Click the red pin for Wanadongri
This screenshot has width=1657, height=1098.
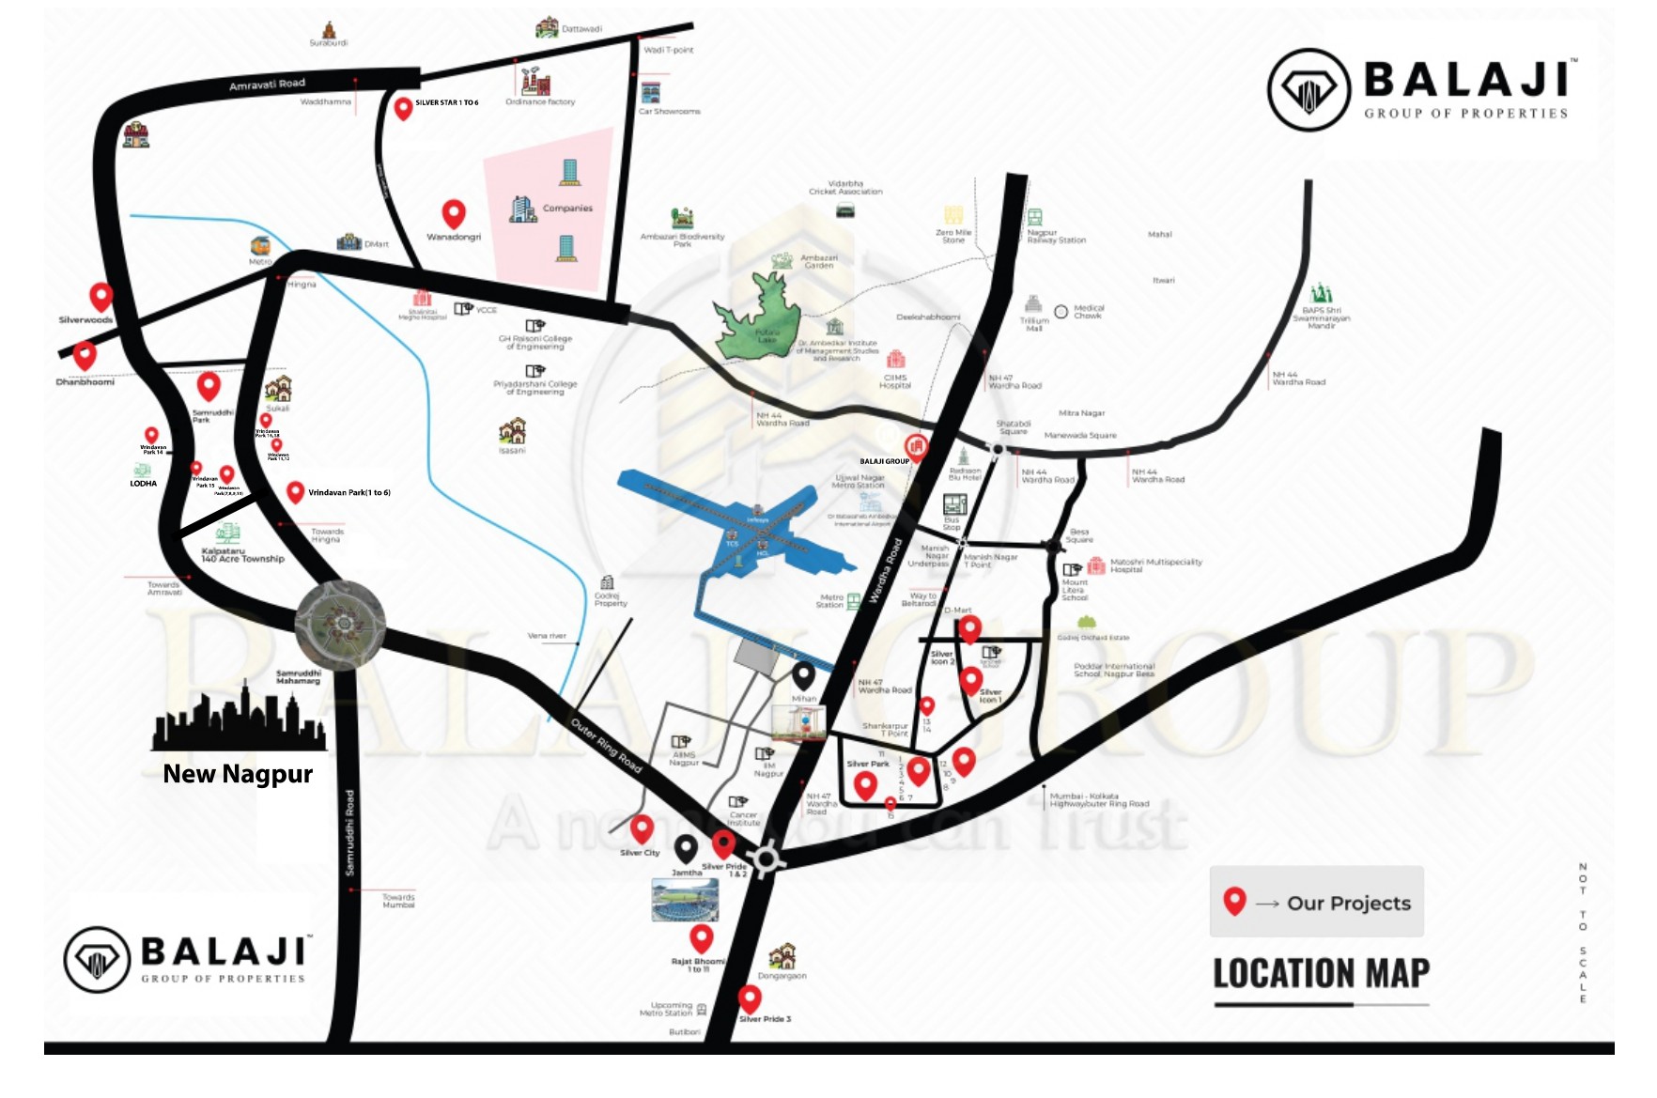click(454, 213)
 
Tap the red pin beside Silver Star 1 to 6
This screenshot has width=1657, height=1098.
click(403, 108)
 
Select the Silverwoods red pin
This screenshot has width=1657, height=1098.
click(101, 296)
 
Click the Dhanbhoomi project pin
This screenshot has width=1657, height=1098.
click(85, 355)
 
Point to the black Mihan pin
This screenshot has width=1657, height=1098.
click(803, 674)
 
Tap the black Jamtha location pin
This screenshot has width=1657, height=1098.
click(687, 849)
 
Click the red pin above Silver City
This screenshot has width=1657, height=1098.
click(642, 828)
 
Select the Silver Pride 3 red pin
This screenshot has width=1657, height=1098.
click(750, 997)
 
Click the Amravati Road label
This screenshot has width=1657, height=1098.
click(267, 85)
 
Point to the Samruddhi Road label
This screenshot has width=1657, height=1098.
click(349, 832)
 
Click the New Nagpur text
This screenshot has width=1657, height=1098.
click(238, 774)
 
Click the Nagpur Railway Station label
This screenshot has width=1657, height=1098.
click(1056, 236)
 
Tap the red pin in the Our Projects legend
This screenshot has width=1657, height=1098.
click(1234, 901)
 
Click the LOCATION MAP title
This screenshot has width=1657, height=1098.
click(1321, 973)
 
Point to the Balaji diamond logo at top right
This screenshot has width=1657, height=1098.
click(1309, 90)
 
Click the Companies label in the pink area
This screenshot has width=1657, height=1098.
click(567, 209)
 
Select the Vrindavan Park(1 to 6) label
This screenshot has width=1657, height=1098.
click(349, 492)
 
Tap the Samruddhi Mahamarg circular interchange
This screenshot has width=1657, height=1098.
click(340, 624)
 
